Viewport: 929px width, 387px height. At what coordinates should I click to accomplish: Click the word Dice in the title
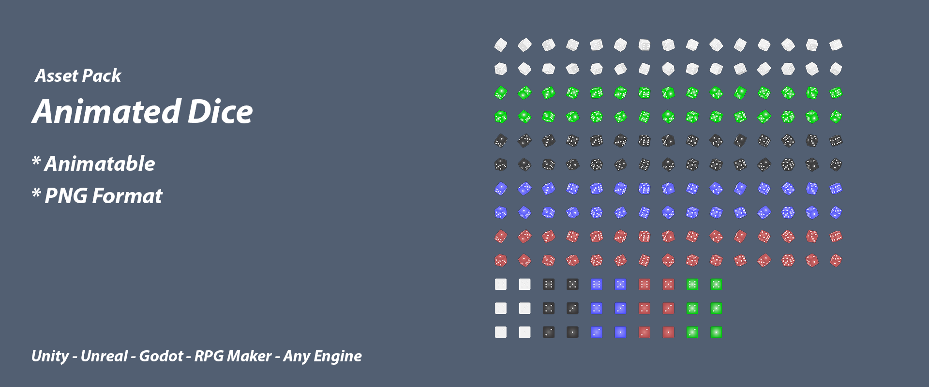pos(220,112)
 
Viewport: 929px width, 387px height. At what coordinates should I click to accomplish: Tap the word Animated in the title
pos(107,112)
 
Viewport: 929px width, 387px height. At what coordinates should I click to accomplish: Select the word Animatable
pos(100,164)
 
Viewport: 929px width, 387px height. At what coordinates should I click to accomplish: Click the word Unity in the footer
pos(50,357)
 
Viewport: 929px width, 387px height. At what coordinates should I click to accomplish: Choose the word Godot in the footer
pos(161,357)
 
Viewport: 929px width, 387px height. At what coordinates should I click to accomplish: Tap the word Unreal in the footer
pos(104,357)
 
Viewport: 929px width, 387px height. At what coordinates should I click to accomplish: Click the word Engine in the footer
pos(338,357)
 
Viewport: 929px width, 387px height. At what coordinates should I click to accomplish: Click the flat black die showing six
pos(549,284)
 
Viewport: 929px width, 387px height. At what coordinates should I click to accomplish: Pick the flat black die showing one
pos(572,332)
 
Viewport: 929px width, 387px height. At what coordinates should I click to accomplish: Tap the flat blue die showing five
pos(620,284)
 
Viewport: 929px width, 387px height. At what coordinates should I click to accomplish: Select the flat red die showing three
pos(668,308)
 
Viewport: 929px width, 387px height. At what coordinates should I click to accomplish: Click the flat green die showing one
pos(716,332)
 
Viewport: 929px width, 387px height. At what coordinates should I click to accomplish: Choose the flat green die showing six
pos(692,284)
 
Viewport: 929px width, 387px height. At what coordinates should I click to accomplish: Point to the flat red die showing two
pos(644,332)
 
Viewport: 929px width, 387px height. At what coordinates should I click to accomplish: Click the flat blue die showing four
pos(597,308)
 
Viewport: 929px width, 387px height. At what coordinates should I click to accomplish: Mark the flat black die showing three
pos(572,308)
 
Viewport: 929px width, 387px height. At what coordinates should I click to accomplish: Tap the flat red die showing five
pos(668,284)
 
